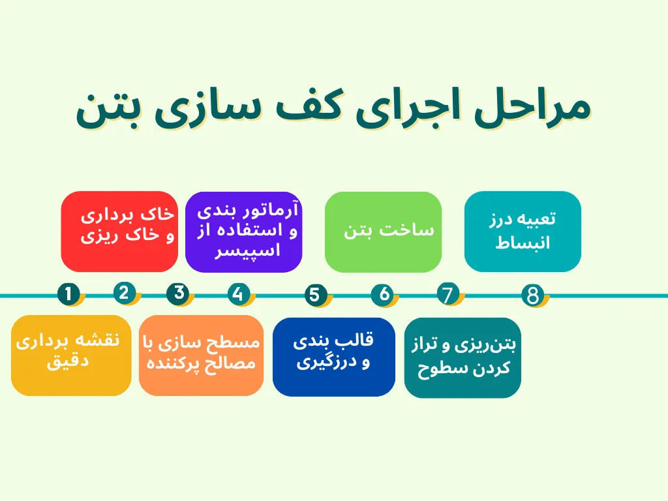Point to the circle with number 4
238,295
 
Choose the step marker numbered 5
316,295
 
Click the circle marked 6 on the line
384,295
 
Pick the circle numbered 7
448,295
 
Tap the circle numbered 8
533,296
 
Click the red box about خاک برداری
119,231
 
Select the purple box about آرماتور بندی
244,231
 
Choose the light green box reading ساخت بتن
383,232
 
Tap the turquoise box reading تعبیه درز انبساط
523,231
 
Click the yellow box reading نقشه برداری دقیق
71,355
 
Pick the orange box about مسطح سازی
201,355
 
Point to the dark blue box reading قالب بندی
333,356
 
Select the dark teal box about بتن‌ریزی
463,357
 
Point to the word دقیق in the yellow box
67,363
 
